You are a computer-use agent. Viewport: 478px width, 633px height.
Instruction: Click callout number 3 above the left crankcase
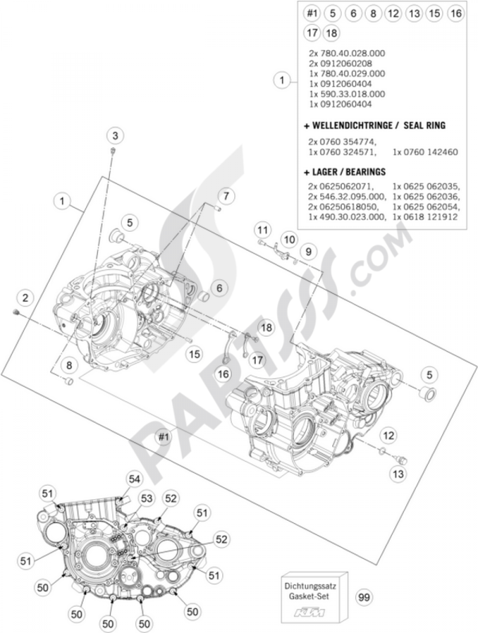(x=115, y=136)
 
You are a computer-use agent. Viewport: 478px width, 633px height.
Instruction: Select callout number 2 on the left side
(x=25, y=298)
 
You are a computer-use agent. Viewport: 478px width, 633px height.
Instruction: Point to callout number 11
(x=261, y=231)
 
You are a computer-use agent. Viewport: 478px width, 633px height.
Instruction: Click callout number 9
(x=308, y=251)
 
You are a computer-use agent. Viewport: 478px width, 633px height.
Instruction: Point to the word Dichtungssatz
(x=314, y=585)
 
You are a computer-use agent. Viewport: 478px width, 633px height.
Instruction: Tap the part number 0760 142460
(x=425, y=152)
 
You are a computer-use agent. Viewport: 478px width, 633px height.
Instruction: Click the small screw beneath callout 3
(x=112, y=151)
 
